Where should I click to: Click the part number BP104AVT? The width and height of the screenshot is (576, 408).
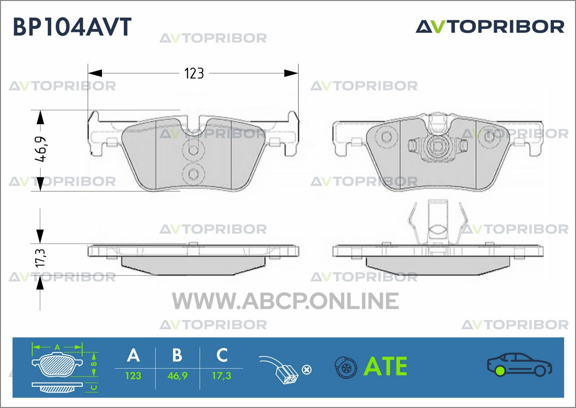pos(72,27)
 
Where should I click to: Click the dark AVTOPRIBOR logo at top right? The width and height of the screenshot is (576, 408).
pos(490,27)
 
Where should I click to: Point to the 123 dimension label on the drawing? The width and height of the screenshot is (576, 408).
pos(194,73)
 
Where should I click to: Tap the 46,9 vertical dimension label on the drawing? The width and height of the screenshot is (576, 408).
pos(40,149)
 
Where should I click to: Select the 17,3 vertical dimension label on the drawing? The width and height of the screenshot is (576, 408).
pos(40,258)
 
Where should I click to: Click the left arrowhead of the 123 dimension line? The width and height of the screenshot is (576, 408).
pos(95,73)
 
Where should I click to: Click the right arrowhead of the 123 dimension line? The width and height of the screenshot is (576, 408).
pos(291,73)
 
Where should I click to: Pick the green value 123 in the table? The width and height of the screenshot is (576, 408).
pos(133,376)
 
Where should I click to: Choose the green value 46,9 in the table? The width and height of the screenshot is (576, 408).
pos(177,376)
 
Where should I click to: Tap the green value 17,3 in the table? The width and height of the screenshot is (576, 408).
pos(222,376)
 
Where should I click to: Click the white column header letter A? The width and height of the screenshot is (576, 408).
pos(133,355)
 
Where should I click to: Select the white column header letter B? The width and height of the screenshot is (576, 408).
pos(177,355)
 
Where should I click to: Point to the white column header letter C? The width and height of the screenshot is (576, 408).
pos(222,355)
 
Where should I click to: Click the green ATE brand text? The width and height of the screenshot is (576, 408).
pos(386,366)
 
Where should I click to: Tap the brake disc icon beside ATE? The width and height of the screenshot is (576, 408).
pos(346,367)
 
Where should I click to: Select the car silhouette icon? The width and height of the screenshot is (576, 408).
pos(519,365)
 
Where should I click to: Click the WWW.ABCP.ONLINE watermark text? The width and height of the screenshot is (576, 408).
pos(285,301)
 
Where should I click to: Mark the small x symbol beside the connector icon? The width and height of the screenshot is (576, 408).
pos(306,370)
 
